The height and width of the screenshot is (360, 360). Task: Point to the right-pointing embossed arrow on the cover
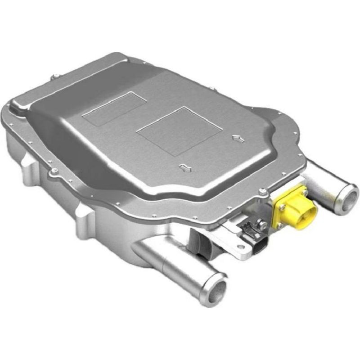238,139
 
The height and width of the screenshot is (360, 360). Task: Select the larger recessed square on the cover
179,130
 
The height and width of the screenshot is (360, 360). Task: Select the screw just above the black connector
260,222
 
